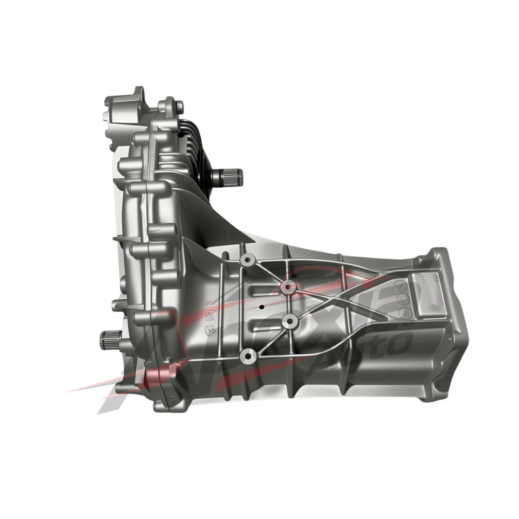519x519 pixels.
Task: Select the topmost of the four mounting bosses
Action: [x=248, y=259]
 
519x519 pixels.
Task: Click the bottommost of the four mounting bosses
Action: [x=247, y=356]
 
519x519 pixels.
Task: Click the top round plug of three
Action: [x=400, y=286]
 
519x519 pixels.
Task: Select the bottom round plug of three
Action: [x=403, y=312]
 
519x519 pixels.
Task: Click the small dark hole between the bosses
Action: [x=261, y=307]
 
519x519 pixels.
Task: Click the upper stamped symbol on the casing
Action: [x=208, y=314]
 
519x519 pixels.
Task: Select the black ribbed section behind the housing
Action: [x=197, y=143]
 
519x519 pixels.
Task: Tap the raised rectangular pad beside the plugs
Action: [x=422, y=294]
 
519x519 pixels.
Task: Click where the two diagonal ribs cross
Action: [x=346, y=303]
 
